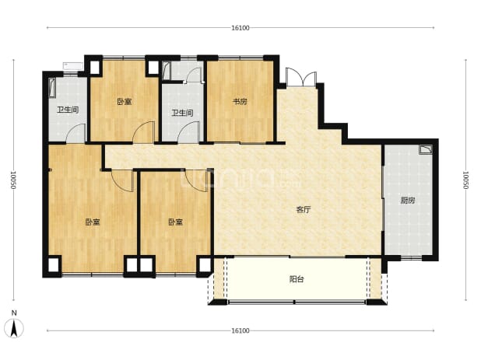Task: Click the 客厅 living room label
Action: point(303,210)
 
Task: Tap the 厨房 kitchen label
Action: point(408,201)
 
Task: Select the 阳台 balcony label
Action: point(297,279)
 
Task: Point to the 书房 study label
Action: point(240,101)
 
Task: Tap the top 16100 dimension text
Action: point(240,28)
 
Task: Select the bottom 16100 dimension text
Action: point(240,331)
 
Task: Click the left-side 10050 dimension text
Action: point(13,180)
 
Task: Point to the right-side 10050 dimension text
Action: point(465,180)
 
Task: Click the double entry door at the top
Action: point(301,78)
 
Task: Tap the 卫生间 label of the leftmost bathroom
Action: point(68,110)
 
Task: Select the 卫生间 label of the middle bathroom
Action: point(182,113)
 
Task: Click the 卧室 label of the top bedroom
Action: point(125,101)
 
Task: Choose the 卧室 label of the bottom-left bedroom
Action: point(93,222)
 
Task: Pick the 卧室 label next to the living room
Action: point(176,222)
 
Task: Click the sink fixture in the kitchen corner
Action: point(426,149)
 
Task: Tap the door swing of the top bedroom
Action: point(143,132)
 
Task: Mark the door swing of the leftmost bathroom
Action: point(75,133)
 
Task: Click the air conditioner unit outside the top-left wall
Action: point(73,65)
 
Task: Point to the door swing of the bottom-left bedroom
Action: point(123,180)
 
